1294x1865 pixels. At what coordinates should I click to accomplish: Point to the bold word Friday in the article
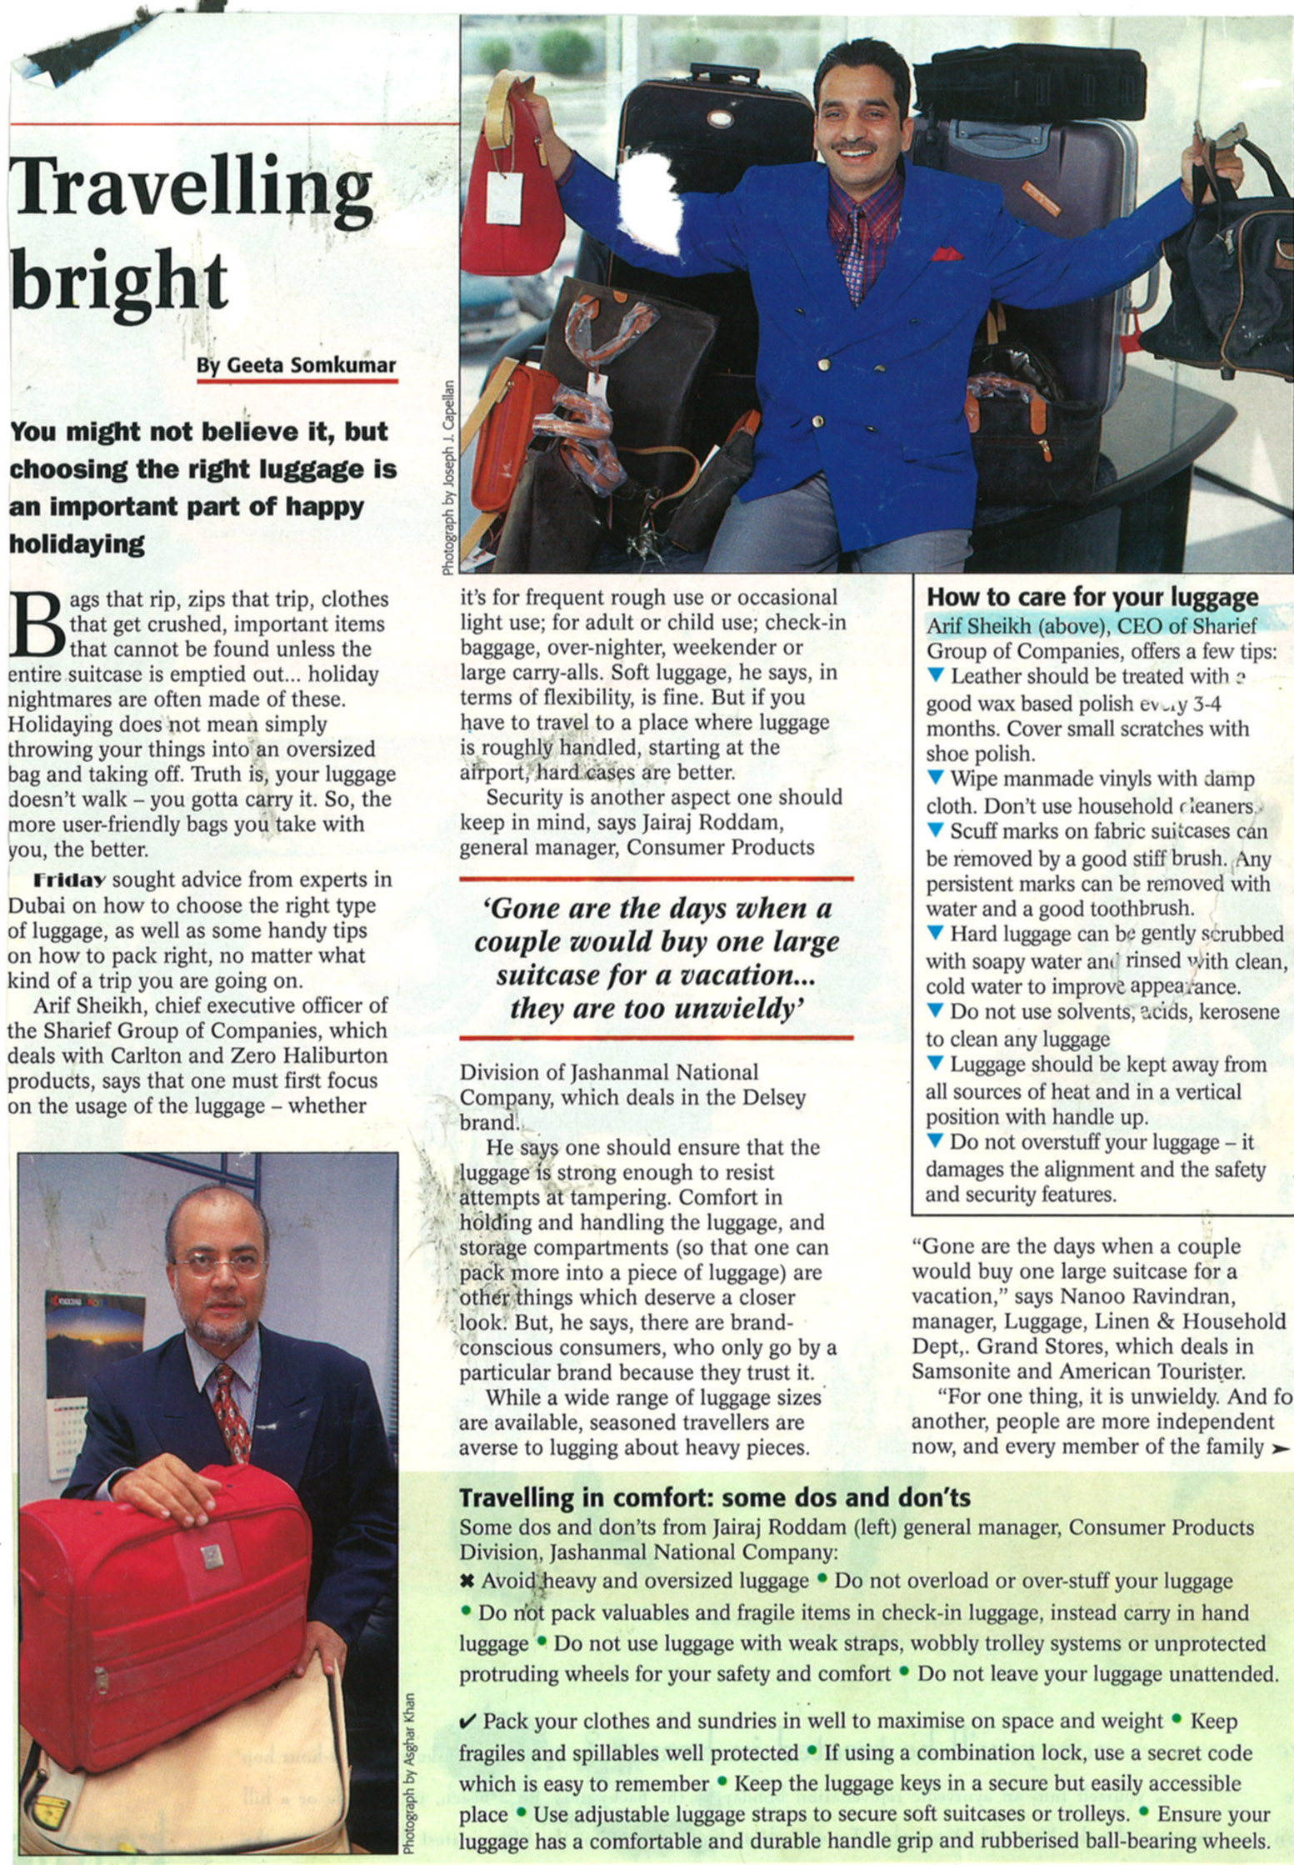tap(69, 880)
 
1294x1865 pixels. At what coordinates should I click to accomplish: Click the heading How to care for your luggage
tap(1092, 597)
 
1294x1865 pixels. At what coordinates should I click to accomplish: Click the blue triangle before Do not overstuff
tap(935, 1141)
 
